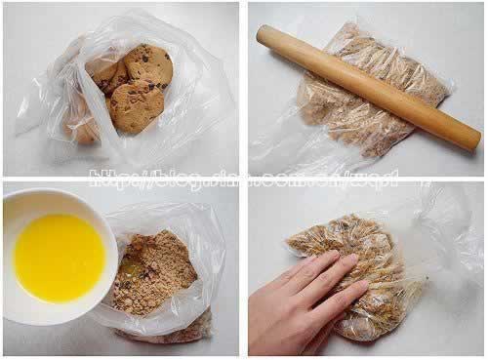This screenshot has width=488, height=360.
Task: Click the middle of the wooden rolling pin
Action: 366,86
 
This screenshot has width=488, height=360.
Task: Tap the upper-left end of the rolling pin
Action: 264,35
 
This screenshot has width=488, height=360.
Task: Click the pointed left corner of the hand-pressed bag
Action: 290,239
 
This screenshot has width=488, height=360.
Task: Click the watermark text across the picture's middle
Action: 244,178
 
